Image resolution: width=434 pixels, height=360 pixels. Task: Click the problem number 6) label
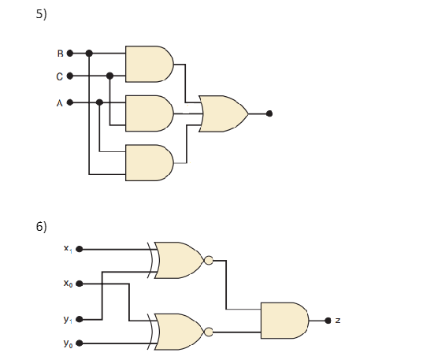[42, 227]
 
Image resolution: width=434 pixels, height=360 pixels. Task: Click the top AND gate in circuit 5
[149, 64]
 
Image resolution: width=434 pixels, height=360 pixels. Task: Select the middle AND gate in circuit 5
[149, 113]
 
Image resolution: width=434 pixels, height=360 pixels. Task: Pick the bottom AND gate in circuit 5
[149, 162]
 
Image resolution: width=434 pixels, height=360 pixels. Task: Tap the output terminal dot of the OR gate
[269, 113]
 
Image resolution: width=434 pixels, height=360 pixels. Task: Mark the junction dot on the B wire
[89, 54]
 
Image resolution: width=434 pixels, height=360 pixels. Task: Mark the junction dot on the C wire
[109, 76]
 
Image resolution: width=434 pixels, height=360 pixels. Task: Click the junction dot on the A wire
[99, 102]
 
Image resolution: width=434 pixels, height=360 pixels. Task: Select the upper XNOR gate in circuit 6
[180, 260]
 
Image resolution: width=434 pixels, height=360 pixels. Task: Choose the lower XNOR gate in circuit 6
[180, 331]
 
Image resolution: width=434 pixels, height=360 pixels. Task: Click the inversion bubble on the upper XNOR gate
[209, 260]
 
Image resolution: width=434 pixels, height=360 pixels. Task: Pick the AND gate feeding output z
[284, 321]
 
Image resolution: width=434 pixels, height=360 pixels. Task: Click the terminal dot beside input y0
[79, 343]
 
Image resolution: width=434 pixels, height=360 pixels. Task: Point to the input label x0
[68, 284]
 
